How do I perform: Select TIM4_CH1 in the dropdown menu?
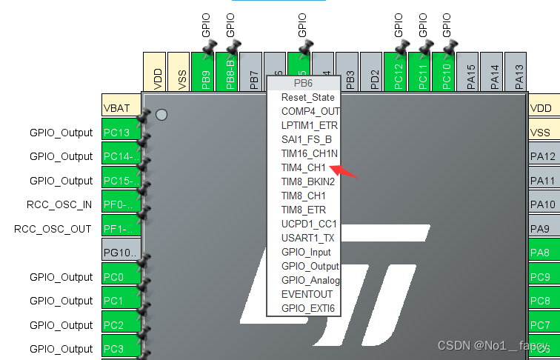click(x=303, y=167)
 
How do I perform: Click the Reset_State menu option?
click(x=307, y=97)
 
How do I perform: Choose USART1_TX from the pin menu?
click(x=307, y=238)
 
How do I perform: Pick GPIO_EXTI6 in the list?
click(x=308, y=307)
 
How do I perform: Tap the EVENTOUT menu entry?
click(x=306, y=293)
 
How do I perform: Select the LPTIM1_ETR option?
click(x=309, y=125)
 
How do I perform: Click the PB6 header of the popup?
click(x=304, y=82)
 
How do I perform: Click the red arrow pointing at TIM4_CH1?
click(x=345, y=172)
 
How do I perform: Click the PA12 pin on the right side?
click(x=544, y=156)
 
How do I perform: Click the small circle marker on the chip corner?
click(x=161, y=114)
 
